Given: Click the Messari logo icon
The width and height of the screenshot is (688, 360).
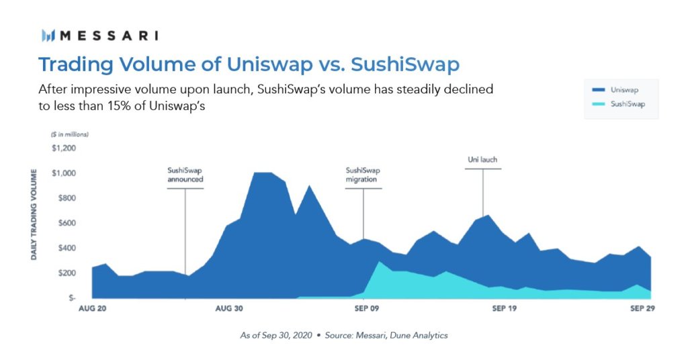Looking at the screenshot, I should tap(48, 36).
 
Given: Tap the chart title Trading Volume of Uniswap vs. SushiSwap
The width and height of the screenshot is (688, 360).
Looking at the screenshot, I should tap(249, 64).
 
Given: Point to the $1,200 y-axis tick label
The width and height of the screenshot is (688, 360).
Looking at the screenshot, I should tap(64, 148).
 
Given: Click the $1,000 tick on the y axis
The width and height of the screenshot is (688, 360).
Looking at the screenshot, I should tap(64, 173).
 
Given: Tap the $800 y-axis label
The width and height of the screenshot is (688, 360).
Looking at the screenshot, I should tap(67, 198).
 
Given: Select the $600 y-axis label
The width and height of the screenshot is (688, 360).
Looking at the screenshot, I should tap(67, 223).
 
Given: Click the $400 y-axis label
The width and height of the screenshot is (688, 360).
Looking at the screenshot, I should tap(67, 248).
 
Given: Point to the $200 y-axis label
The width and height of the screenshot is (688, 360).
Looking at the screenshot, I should tap(67, 273).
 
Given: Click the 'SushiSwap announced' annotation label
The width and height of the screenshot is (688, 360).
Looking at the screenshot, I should tap(185, 175).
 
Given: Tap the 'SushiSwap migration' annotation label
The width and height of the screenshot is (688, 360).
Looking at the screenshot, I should tap(363, 175).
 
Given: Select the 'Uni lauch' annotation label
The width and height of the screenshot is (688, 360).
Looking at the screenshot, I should tap(482, 160).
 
